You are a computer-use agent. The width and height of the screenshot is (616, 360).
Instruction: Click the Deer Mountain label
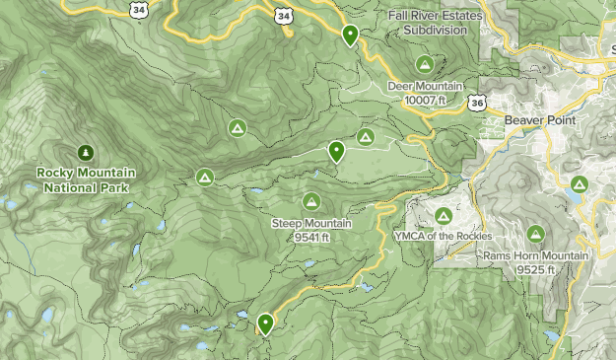tap(425, 86)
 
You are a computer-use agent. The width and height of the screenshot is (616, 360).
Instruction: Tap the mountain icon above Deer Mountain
tap(425, 64)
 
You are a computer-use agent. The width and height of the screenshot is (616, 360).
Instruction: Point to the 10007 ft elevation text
tap(425, 100)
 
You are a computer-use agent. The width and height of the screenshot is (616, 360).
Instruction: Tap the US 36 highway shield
tap(477, 102)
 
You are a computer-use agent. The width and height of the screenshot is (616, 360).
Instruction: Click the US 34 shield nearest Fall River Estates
tap(284, 15)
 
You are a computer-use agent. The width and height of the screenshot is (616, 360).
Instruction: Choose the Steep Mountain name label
tap(311, 223)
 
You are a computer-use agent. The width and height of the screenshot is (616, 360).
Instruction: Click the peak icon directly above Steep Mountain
tap(311, 201)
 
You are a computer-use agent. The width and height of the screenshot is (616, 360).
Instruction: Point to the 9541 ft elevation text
tap(311, 237)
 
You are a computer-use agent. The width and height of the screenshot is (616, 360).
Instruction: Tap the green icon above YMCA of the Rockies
tap(443, 216)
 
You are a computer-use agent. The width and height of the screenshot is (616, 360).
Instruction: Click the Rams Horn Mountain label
tap(535, 255)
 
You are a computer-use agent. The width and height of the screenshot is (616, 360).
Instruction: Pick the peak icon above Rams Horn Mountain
tap(535, 234)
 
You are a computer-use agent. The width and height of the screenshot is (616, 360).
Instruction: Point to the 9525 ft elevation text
tap(535, 269)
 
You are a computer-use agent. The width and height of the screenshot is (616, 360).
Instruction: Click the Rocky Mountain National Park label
tap(86, 180)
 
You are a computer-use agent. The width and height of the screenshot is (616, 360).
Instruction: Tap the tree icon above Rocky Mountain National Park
tap(86, 152)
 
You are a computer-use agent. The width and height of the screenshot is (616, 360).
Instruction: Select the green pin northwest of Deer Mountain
tap(350, 36)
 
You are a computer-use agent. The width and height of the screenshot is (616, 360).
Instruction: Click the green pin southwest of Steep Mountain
tap(265, 323)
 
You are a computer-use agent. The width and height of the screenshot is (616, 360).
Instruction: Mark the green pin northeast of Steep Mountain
tap(336, 152)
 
